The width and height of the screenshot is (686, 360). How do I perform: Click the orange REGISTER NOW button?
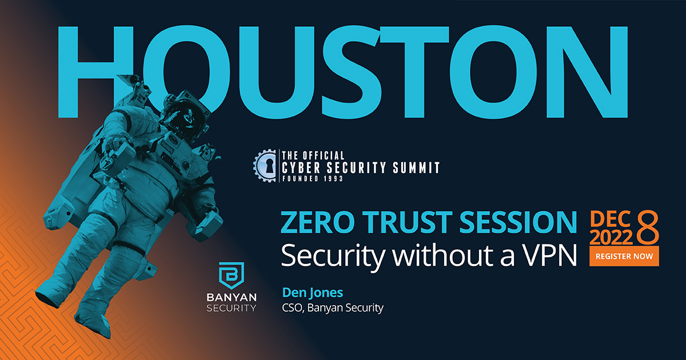(624, 256)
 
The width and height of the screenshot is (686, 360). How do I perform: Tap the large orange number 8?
(647, 227)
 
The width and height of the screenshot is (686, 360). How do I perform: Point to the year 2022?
(611, 237)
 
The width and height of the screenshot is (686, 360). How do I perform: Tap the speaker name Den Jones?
(312, 293)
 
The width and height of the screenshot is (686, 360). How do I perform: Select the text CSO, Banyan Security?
(333, 307)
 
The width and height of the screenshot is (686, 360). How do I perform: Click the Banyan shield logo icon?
(231, 275)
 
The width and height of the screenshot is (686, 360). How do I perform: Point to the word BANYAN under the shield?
(232, 297)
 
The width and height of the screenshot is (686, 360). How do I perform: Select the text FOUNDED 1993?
(312, 178)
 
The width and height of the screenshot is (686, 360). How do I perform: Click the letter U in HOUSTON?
(277, 73)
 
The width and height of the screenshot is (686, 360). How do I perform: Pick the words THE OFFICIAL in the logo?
(313, 155)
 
